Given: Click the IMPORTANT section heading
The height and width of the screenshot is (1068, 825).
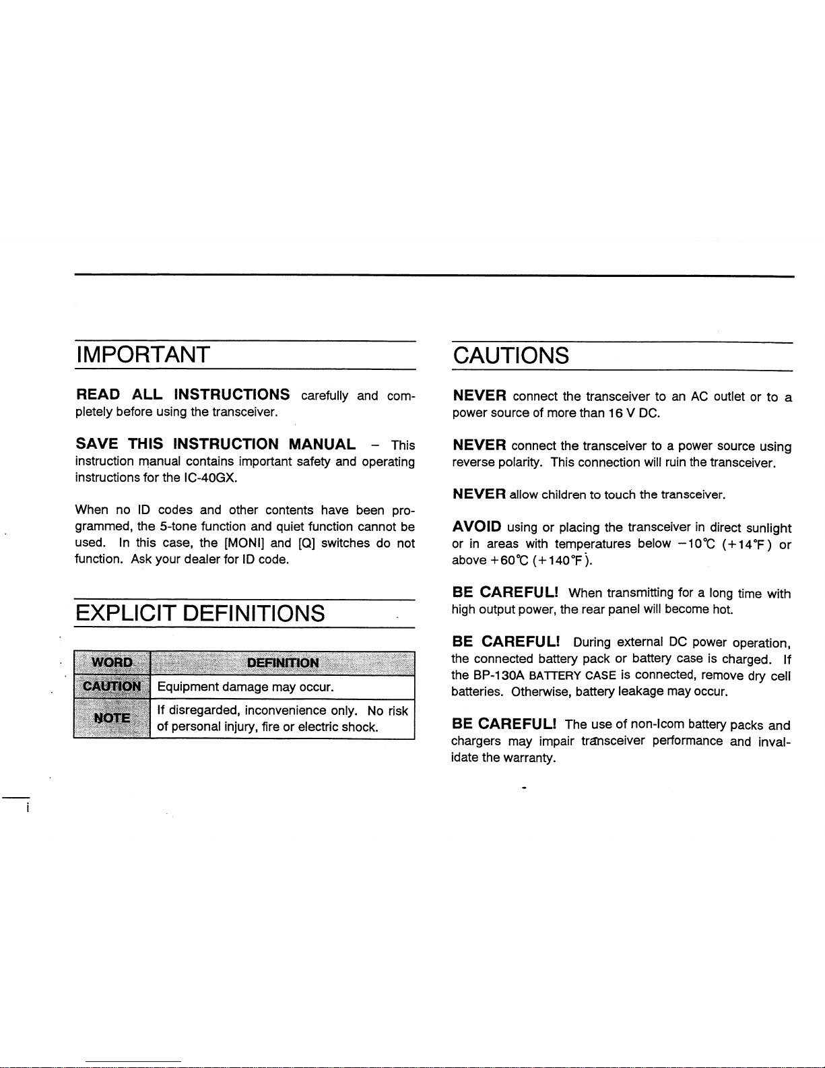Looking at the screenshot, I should coord(142,355).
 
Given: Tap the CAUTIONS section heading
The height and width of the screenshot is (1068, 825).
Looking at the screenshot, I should coord(510,356).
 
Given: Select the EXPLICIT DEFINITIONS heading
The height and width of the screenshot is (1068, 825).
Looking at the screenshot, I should coord(200,614).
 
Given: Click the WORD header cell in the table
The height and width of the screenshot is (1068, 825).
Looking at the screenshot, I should coord(112,662).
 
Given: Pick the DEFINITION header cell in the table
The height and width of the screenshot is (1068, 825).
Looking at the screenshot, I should coord(283,662).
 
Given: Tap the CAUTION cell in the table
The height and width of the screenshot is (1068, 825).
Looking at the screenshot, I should coord(112,687).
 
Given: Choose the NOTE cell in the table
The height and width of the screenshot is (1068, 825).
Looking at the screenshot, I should coord(112,718).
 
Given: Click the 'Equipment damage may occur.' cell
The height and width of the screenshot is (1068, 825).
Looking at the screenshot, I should coord(245,687).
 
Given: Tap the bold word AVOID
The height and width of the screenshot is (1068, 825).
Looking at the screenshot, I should coord(476,526).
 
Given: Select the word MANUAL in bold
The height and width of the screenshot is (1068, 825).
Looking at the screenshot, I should coord(322,444).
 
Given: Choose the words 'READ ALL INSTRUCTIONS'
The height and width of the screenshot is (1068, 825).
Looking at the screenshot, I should coord(183,394).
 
